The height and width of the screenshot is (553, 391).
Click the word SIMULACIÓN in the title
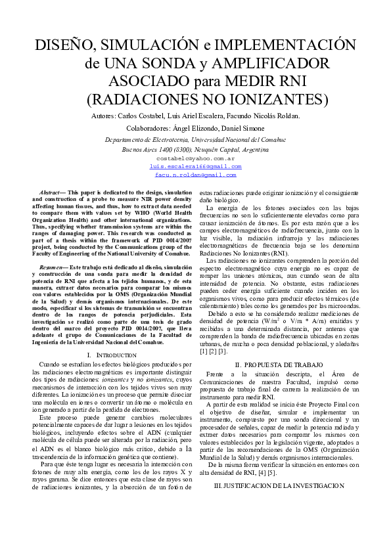click(x=137, y=45)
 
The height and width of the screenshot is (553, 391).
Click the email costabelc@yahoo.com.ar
click(x=195, y=158)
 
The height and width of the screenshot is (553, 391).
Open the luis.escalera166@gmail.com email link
click(x=195, y=167)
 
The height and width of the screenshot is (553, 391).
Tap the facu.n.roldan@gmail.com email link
click(x=195, y=175)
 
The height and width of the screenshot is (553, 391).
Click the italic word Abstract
click(x=51, y=191)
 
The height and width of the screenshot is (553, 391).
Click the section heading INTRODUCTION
click(x=116, y=355)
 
